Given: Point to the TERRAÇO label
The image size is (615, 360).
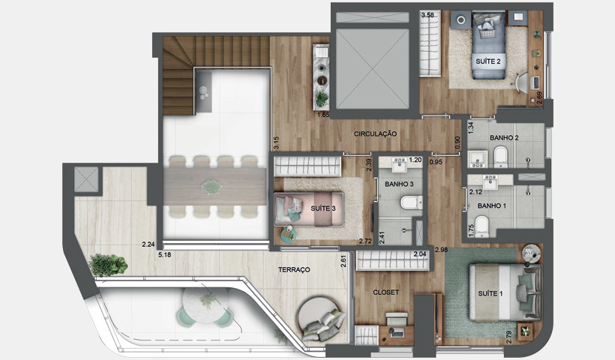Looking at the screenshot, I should pyautogui.click(x=294, y=268).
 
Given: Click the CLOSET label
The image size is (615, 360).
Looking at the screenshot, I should pyautogui.click(x=386, y=292).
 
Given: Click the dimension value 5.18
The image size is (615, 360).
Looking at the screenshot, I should pyautogui.click(x=165, y=255).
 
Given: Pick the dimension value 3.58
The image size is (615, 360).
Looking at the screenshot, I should pyautogui.click(x=428, y=14).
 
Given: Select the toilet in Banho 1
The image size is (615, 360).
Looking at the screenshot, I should pyautogui.click(x=484, y=225).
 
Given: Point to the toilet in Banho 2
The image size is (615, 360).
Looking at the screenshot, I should pyautogui.click(x=501, y=157).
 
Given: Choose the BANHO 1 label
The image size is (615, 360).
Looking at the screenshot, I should pyautogui.click(x=492, y=205).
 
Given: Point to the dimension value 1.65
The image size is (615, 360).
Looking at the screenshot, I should pyautogui.click(x=323, y=115).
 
